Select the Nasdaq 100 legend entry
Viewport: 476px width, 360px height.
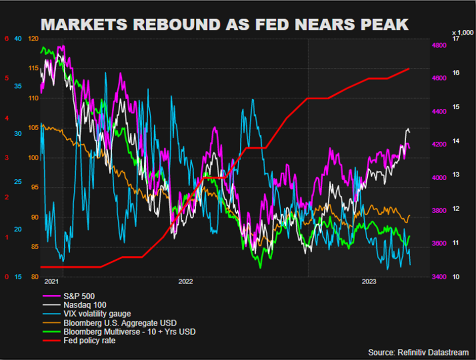(81, 305)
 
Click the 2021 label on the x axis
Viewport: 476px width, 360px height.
(51, 282)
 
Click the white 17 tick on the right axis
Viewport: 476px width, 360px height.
(455, 39)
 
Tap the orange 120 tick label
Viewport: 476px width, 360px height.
(34, 39)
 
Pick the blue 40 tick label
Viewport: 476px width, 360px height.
(18, 39)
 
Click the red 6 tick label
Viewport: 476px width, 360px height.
(7, 39)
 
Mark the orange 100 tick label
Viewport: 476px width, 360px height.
(34, 158)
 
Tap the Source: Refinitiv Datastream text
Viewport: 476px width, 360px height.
(418, 352)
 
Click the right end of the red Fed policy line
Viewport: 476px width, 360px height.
(409, 68)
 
